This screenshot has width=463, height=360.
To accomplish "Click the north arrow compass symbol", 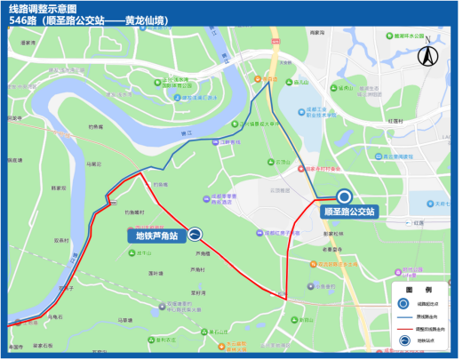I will coord(427,52).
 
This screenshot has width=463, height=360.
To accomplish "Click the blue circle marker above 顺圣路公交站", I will coord(344,197).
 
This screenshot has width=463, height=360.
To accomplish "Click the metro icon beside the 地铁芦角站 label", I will coord(194,236).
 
